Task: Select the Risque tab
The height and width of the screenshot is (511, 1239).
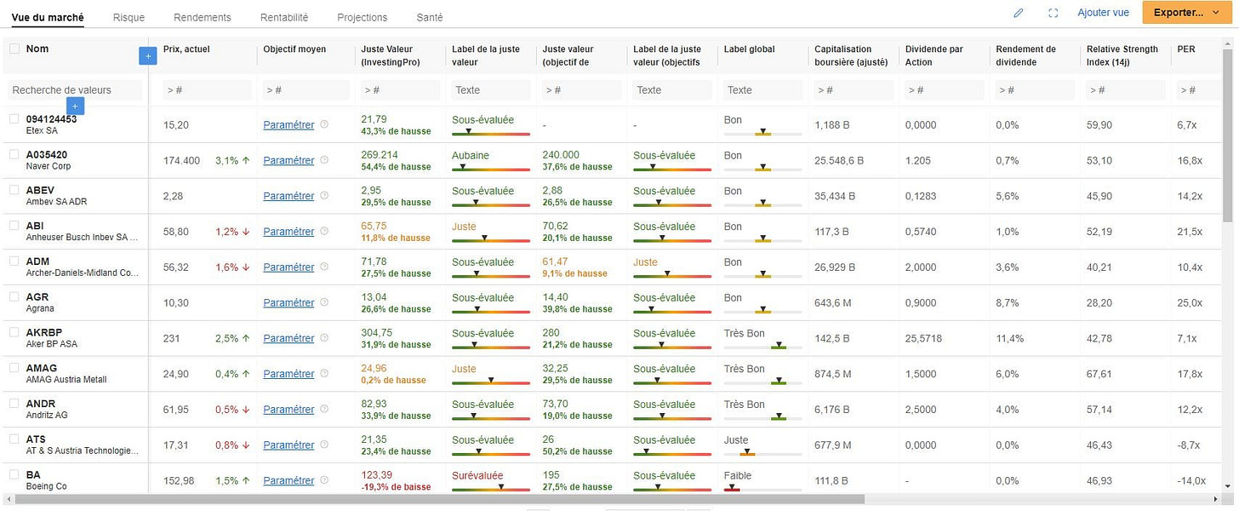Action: point(128,17)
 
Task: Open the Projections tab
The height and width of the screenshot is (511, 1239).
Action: point(362,17)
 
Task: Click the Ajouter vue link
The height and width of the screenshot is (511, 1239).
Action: point(1103,13)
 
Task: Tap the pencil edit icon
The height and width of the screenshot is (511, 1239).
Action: point(1019,13)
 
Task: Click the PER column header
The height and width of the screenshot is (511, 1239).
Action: point(1186,49)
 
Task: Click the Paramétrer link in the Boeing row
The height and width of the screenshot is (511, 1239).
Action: point(288,480)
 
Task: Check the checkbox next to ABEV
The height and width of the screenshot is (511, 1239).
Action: point(14,190)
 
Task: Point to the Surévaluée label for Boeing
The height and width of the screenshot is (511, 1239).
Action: point(477,475)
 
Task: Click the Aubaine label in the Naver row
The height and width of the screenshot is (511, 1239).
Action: point(471,155)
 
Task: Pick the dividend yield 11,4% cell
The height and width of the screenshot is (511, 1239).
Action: point(1010,338)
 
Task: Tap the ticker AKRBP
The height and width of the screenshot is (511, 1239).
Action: point(44,332)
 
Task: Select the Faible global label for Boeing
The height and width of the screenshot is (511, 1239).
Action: point(738,475)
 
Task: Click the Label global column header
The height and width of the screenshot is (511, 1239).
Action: point(749,49)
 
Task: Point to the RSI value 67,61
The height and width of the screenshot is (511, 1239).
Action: point(1099,374)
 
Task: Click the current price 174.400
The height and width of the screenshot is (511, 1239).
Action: point(181,160)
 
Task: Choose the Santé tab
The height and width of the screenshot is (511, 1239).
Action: point(430,17)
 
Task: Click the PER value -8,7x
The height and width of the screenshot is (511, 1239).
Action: point(1189,445)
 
